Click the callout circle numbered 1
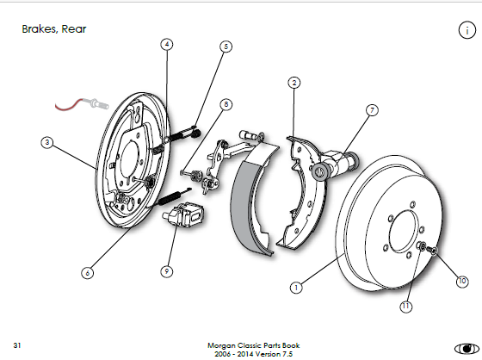coord(296,288)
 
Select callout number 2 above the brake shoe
coord(294,83)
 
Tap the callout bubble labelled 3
coord(46,142)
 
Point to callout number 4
coord(167,44)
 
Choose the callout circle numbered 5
coord(226,47)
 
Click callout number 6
coord(87,273)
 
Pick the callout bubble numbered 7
coord(372,110)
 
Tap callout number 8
coord(226,104)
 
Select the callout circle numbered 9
coord(167,271)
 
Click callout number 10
coord(462,282)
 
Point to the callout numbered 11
coord(405,306)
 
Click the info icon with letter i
coord(467,30)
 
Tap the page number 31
coord(17,345)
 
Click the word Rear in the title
coord(74,29)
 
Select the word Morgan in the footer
coord(221,346)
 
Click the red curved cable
coord(68,105)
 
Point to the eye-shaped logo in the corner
coord(467,349)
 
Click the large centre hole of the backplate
coord(129,159)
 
